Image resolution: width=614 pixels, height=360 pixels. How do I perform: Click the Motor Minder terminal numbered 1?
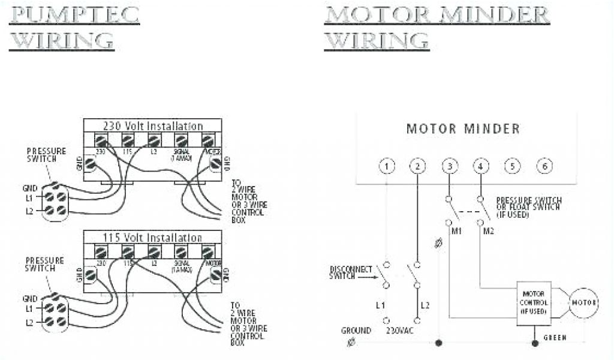[388, 166]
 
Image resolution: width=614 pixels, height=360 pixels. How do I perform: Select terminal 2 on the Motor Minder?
[418, 166]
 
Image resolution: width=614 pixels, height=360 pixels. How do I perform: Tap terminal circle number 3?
[450, 166]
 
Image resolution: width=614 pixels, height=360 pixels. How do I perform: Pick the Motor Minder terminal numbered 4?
[480, 166]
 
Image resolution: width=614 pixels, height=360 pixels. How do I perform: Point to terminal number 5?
[511, 166]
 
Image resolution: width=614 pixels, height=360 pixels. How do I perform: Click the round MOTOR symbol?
[582, 304]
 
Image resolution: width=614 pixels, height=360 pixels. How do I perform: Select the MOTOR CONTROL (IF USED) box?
[534, 304]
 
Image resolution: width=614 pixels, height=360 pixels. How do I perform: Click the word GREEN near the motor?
[555, 338]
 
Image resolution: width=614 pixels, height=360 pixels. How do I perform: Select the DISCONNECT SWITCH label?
[351, 272]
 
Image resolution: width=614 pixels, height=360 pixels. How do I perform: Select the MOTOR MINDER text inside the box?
[463, 129]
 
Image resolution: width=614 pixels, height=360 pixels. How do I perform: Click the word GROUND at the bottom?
[356, 331]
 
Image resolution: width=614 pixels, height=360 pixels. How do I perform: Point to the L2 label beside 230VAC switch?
[425, 305]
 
